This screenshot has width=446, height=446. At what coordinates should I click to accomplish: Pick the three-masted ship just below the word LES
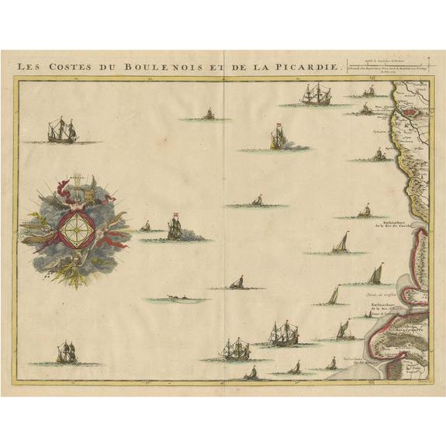point(62,130)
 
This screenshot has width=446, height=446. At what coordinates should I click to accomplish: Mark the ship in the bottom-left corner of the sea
point(66,354)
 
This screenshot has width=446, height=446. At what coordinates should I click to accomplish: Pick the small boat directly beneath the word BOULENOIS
point(208,115)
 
